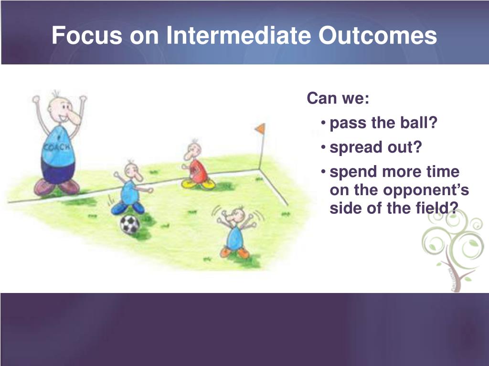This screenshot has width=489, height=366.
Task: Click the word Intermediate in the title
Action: point(239,35)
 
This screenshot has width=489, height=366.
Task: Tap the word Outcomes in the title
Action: point(377,35)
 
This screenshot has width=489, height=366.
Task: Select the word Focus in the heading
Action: point(87,35)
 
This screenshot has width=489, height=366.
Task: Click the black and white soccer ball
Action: point(130,224)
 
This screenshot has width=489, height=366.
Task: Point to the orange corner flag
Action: point(260,128)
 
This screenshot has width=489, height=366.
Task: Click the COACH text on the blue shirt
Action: point(57,147)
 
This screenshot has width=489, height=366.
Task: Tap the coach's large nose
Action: point(74,117)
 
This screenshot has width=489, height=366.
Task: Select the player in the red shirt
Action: point(197,165)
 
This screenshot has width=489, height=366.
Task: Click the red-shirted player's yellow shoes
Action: point(198,184)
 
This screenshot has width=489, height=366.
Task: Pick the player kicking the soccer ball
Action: point(131,188)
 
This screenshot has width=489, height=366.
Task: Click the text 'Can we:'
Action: point(338,98)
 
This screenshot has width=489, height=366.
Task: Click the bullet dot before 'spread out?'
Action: point(324,146)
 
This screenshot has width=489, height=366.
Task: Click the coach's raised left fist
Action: point(36,99)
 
